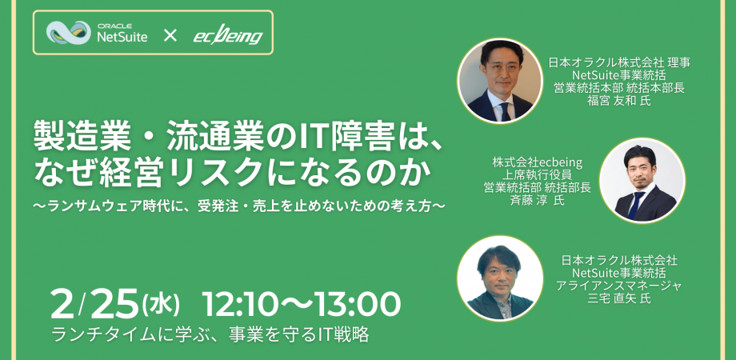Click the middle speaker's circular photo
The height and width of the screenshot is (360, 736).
[x=642, y=181]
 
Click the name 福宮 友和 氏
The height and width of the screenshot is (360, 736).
[x=621, y=101]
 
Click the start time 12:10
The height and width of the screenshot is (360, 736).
[x=238, y=304]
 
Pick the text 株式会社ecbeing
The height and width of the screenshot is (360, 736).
[x=537, y=162]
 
